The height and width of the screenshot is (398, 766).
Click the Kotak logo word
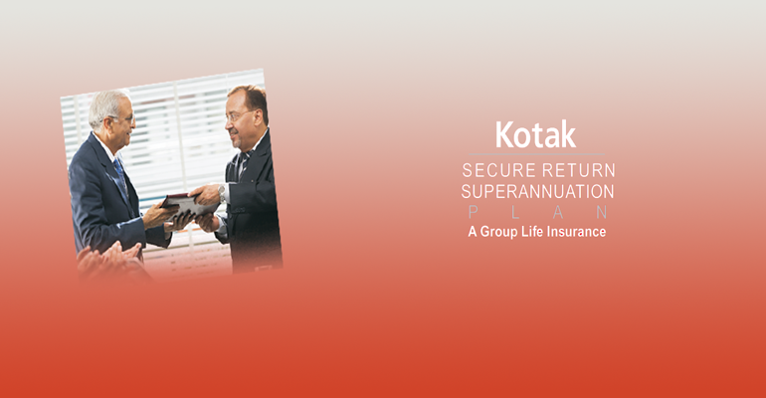click(x=536, y=134)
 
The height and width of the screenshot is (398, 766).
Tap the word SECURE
click(x=499, y=170)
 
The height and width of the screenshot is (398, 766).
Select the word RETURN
click(x=579, y=170)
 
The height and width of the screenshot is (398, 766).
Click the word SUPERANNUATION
click(x=537, y=191)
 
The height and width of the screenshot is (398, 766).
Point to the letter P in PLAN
click(x=473, y=212)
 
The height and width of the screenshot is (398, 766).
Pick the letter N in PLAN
click(x=602, y=212)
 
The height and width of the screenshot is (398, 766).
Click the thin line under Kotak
click(x=536, y=154)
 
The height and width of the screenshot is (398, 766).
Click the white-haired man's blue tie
click(x=120, y=176)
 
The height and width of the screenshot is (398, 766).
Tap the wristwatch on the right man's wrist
click(x=222, y=193)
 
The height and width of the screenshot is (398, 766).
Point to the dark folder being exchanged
click(x=188, y=204)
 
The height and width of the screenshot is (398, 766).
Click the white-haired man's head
click(x=110, y=114)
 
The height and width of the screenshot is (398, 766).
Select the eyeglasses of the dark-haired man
click(x=239, y=115)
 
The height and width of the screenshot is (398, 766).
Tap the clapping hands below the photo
click(x=108, y=259)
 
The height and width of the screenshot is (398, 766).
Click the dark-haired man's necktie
click(x=243, y=165)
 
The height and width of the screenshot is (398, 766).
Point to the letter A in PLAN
click(x=558, y=212)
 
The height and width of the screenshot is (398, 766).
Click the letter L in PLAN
click(x=515, y=212)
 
